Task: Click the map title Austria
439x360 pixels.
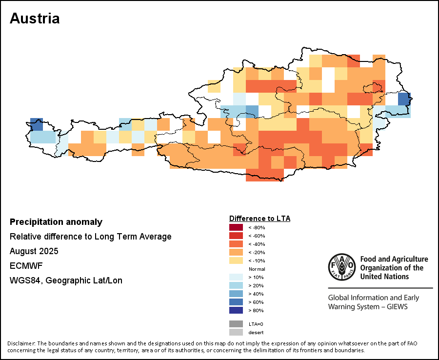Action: [x=35, y=19]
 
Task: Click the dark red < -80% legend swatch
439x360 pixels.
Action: [x=236, y=227]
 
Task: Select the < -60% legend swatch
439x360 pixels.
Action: [x=236, y=236]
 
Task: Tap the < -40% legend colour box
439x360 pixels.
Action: [x=236, y=244]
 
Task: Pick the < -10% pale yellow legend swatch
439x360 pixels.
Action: [x=236, y=260]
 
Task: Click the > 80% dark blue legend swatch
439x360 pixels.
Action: [x=236, y=310]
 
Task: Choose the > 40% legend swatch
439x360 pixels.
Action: [x=236, y=293]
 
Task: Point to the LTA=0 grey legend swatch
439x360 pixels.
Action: [x=236, y=323]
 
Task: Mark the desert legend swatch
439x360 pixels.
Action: [x=236, y=332]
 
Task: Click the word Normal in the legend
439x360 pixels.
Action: [x=257, y=269]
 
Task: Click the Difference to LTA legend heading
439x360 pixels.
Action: [x=259, y=218]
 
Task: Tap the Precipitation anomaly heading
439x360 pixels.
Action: [x=56, y=222]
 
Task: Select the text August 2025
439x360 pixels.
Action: [x=34, y=251]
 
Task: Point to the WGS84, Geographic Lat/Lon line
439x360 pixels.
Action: [x=66, y=280]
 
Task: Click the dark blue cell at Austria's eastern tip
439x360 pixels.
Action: [x=404, y=99]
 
